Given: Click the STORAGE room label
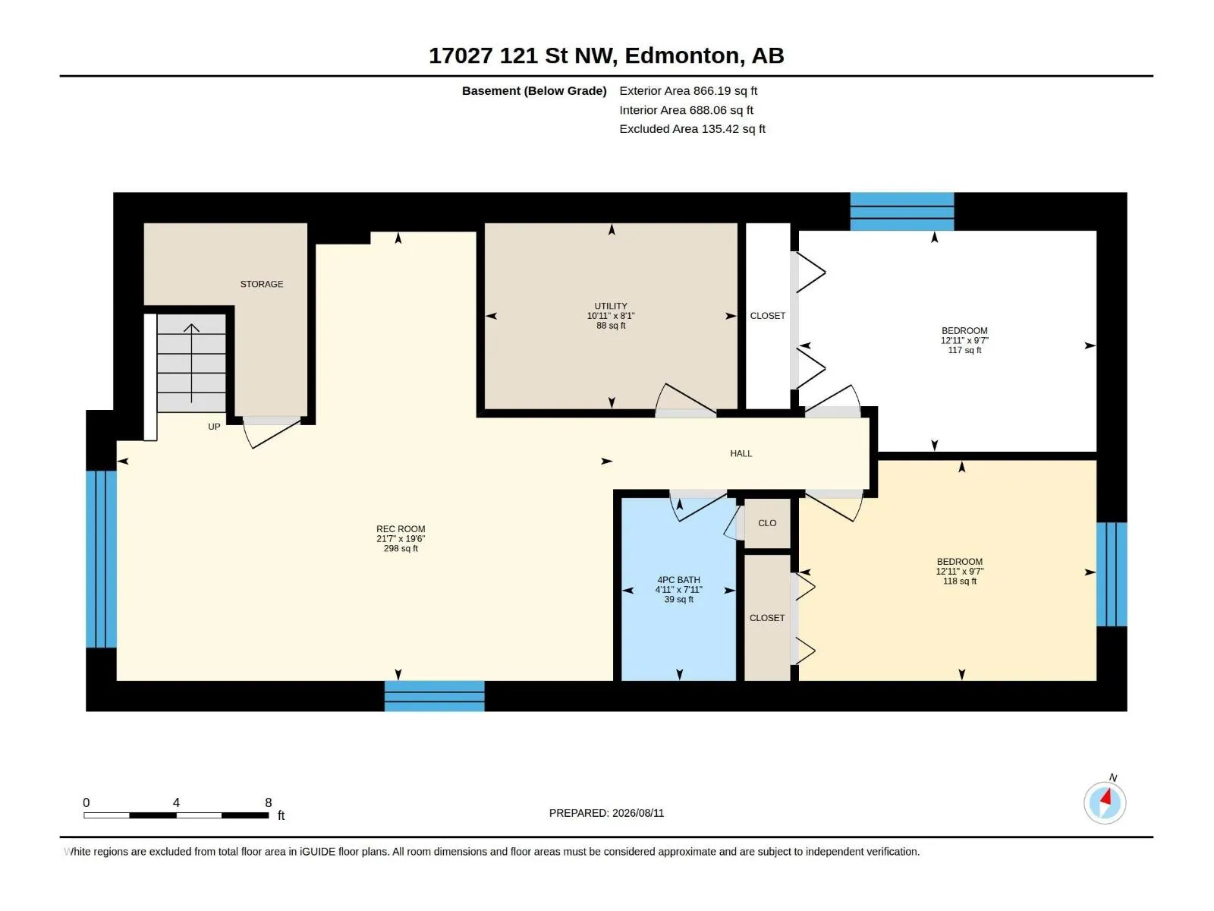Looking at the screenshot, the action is tap(262, 284).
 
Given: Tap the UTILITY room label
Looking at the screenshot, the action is tap(611, 306).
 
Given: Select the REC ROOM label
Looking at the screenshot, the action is tap(401, 529).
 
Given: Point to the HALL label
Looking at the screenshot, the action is tap(741, 453).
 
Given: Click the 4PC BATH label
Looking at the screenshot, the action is tap(678, 580).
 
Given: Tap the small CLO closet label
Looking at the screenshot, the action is tap(767, 523).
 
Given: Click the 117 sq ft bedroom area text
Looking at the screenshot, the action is tap(964, 350).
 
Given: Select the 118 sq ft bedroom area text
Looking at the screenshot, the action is tap(960, 581).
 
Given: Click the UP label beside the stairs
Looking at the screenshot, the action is tap(214, 427).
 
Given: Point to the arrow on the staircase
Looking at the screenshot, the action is tap(191, 363).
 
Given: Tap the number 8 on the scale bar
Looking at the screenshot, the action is tap(269, 802).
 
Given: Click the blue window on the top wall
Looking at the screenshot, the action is tap(901, 211).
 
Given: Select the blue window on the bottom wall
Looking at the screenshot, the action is tap(434, 696).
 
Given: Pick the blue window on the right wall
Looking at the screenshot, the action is tap(1112, 574).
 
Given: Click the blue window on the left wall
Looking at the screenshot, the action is tap(101, 559).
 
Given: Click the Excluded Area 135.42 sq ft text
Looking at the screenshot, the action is tap(692, 129).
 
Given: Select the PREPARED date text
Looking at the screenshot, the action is tap(606, 813).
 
